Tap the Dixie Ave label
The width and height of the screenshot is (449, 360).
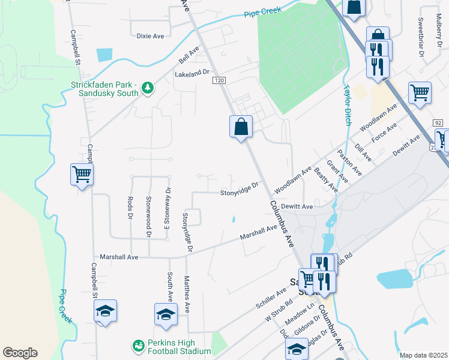click(x=150, y=36)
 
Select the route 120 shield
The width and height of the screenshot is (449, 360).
click(x=220, y=80)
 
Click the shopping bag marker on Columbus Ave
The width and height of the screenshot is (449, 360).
click(x=241, y=127)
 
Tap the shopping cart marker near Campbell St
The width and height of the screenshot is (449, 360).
click(x=82, y=175)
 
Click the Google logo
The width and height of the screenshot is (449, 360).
click(x=20, y=353)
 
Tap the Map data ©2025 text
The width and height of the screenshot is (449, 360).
click(x=423, y=355)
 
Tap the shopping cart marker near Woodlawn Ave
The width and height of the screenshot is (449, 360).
click(x=420, y=92)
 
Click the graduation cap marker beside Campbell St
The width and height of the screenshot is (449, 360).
click(x=105, y=311)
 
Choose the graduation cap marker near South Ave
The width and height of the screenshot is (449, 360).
click(x=166, y=314)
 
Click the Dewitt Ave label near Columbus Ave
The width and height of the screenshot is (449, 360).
click(x=298, y=206)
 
